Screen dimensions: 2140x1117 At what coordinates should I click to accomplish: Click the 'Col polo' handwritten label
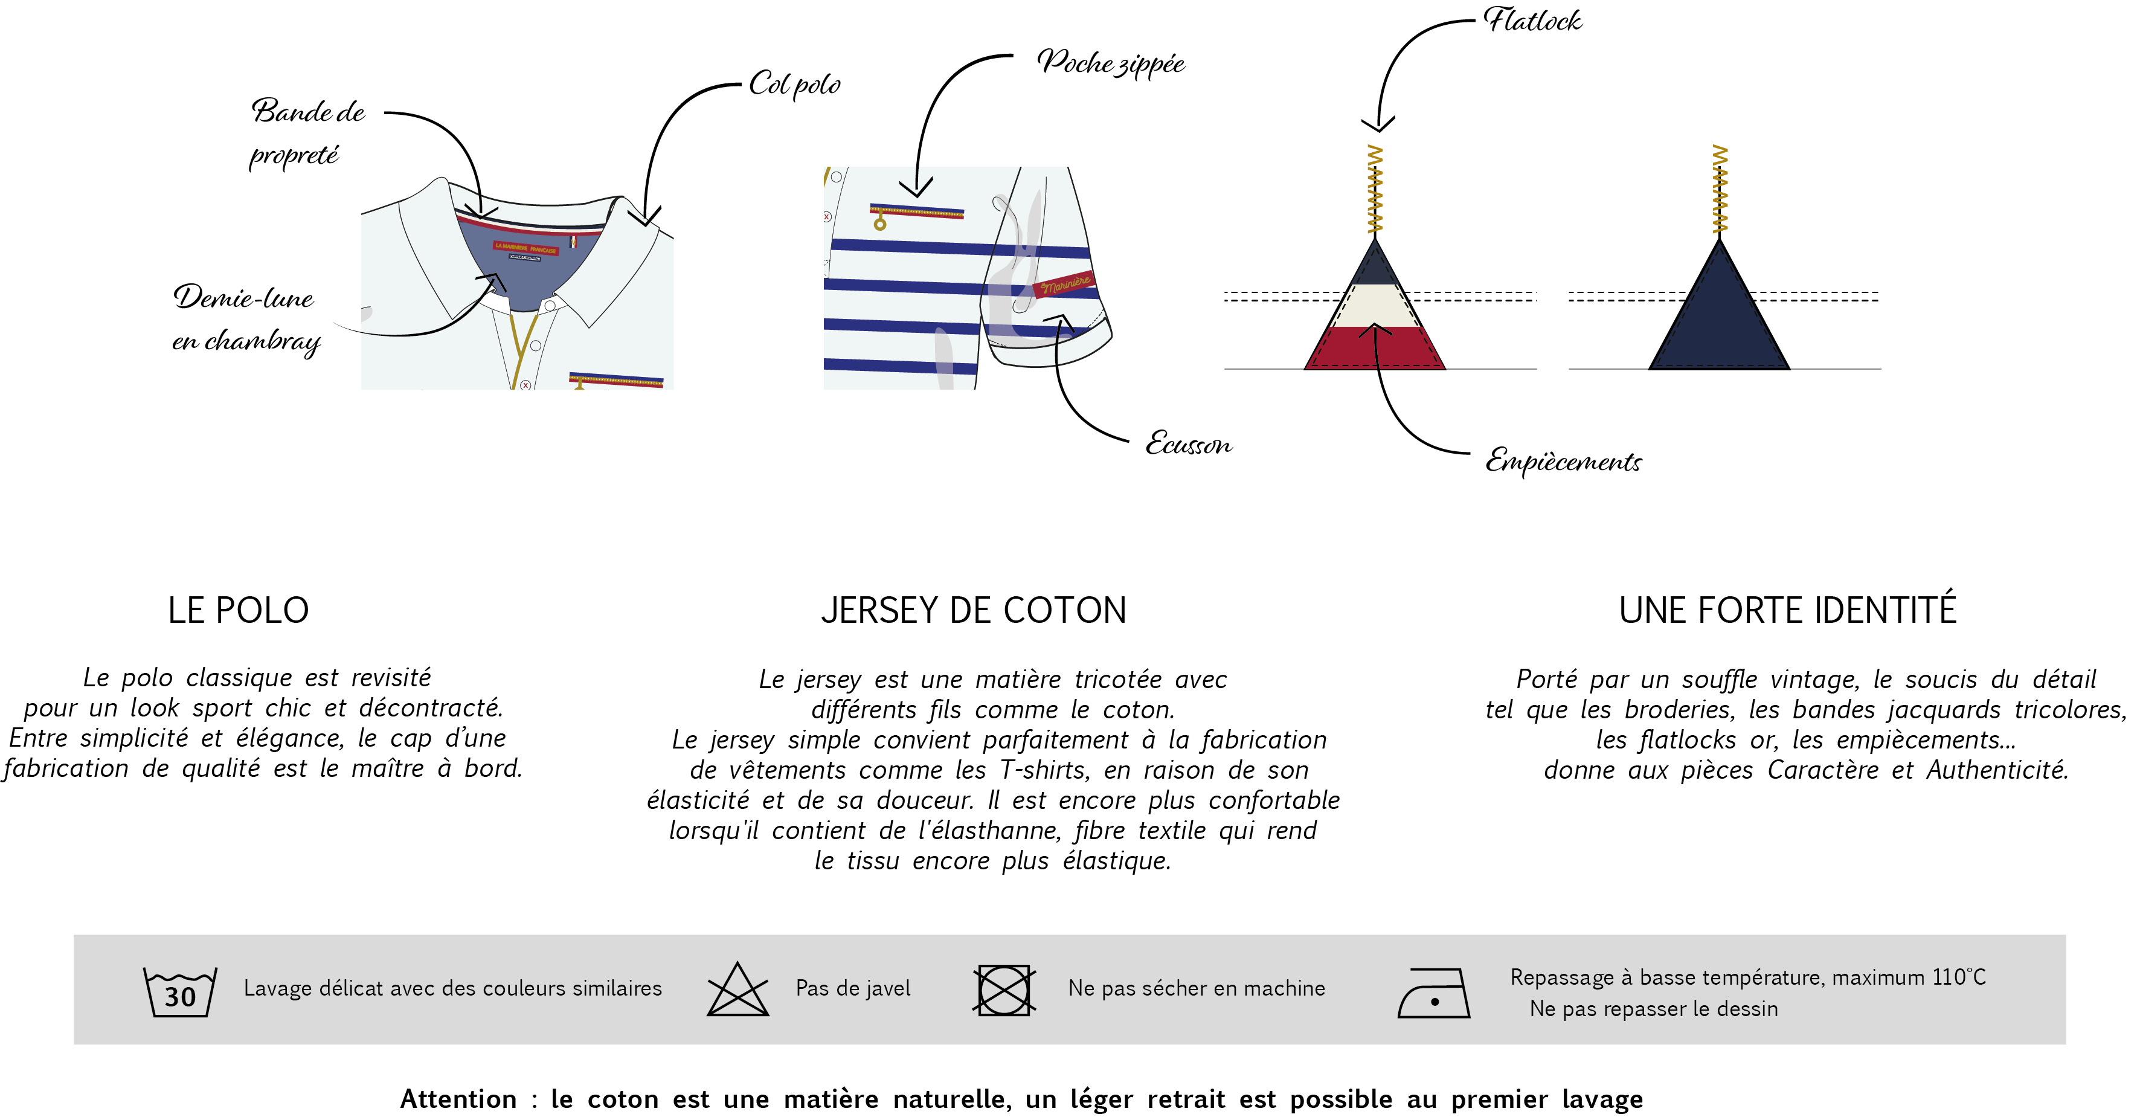pos(794,84)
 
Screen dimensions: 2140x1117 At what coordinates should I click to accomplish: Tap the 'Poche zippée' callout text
pos(1110,63)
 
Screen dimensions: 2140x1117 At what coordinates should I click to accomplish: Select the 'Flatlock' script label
pos(1533,20)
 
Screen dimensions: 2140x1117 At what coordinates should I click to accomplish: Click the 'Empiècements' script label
pos(1563,460)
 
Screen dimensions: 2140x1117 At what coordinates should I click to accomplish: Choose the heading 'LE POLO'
pos(239,610)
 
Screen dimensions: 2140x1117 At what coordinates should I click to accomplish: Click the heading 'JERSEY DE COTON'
pos(974,610)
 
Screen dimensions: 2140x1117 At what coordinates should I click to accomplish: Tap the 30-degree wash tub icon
pos(179,991)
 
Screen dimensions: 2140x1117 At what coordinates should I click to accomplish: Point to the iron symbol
pos(1434,993)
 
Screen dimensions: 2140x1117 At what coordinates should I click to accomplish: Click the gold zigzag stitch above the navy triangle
pos(1720,190)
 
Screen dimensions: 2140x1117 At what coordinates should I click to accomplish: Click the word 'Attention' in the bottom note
pos(458,1099)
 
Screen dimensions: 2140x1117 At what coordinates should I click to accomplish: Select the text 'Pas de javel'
pos(852,988)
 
